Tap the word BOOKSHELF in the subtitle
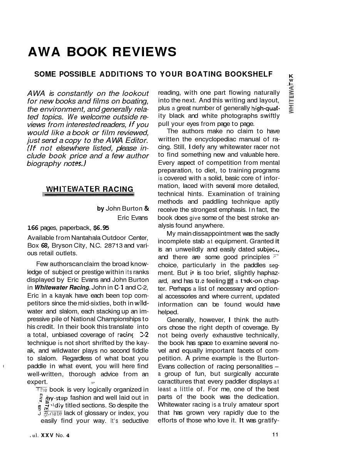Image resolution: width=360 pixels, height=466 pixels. click(249, 74)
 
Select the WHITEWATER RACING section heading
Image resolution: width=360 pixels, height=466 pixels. click(90, 189)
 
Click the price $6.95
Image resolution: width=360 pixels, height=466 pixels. click(101, 228)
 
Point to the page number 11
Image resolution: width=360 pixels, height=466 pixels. click(275, 435)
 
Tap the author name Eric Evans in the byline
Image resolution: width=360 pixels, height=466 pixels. click(132, 218)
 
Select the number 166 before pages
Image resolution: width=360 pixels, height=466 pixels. click(33, 228)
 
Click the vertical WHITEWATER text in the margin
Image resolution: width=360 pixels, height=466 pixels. click(291, 98)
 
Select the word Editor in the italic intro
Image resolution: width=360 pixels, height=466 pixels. click(136, 140)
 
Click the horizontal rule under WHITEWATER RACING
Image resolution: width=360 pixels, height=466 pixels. click(88, 195)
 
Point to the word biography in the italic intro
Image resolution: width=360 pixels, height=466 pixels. click(43, 164)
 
